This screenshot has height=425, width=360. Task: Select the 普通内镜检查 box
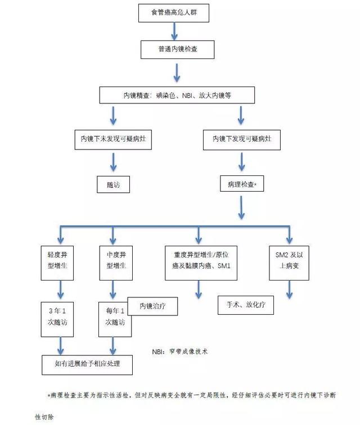tap(177, 49)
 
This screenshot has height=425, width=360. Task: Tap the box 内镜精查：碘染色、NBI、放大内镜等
tap(177, 95)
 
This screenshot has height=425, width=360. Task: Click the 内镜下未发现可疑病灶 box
tap(113, 138)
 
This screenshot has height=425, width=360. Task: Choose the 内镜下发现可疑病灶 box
tap(242, 138)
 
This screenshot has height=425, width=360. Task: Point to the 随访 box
tap(113, 184)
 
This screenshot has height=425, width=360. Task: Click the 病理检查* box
tap(242, 184)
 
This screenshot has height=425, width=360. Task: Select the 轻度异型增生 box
tap(59, 263)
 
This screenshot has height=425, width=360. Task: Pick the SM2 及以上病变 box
tap(290, 263)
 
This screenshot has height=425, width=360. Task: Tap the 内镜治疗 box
tap(150, 306)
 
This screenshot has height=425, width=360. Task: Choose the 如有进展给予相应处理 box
tap(87, 364)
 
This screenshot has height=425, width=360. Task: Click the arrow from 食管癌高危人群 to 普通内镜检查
tap(177, 31)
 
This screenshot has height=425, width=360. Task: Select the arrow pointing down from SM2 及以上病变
tap(290, 289)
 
